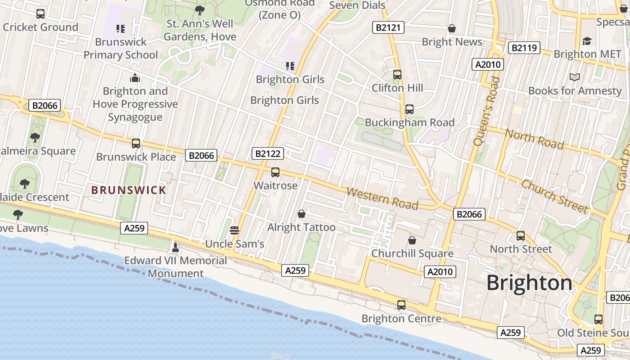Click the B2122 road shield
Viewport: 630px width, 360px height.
point(268,153)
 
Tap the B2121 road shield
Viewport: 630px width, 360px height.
point(388,28)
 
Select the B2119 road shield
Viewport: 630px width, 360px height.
point(524,48)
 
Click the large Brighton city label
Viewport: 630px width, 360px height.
point(529,283)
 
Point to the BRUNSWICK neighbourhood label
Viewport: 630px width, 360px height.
point(129,190)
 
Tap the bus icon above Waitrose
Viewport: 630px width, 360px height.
point(275,172)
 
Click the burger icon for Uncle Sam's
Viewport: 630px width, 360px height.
point(234,230)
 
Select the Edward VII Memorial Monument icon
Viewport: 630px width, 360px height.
point(175,247)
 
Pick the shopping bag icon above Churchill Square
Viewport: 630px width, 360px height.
point(412,240)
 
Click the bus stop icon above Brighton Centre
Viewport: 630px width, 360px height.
point(401,305)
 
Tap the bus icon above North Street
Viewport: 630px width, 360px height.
point(521,236)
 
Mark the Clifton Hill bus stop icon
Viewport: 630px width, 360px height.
point(397,75)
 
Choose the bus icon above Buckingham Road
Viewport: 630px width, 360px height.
point(409,109)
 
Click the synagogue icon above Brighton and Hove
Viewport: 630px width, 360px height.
point(135,78)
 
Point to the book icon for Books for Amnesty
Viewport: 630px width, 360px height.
point(575,77)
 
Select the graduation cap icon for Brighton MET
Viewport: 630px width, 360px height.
point(587,41)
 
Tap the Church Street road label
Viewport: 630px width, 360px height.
point(555,196)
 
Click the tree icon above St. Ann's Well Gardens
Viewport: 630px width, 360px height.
point(200,10)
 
